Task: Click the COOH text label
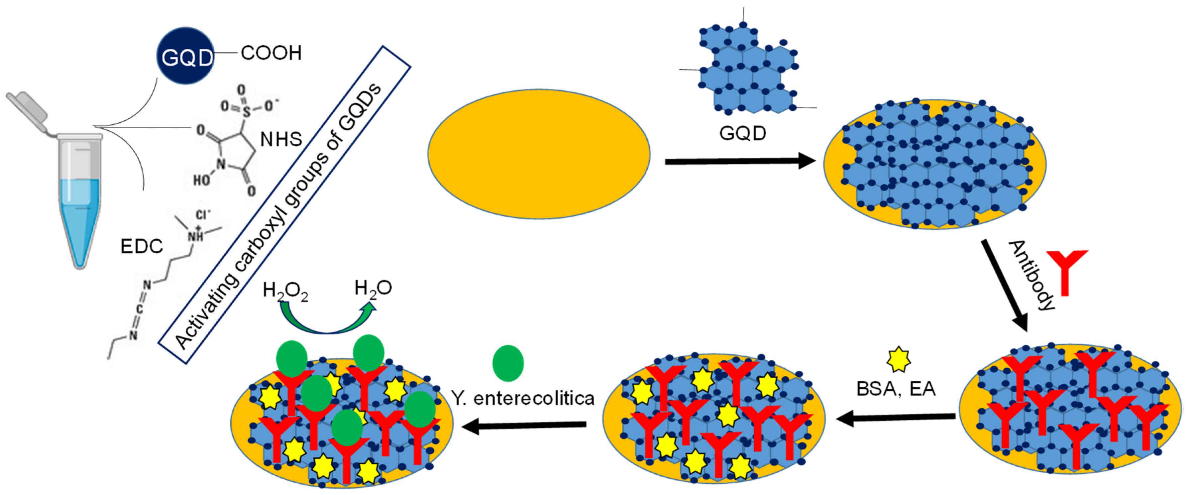(x=271, y=53)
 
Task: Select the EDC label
(x=142, y=247)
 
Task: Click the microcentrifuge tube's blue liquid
(x=80, y=217)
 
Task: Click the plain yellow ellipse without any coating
(x=539, y=154)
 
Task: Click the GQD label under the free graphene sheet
(x=742, y=134)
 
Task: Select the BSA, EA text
(x=895, y=389)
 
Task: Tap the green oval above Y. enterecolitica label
(x=508, y=363)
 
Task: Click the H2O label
(x=373, y=289)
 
